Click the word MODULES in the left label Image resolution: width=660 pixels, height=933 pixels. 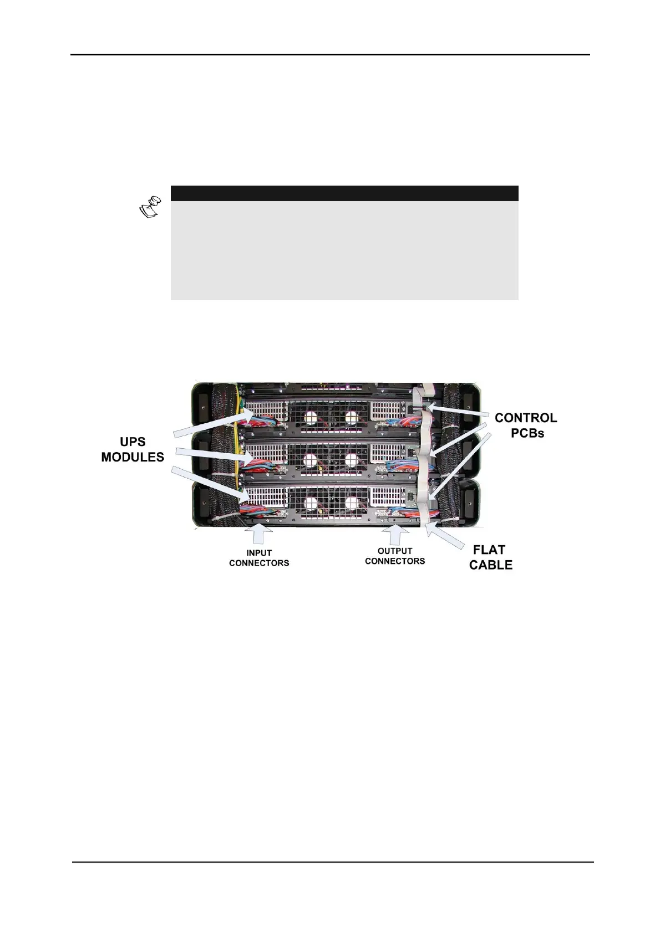[133, 458]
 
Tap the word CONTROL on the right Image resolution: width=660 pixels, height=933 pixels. [526, 418]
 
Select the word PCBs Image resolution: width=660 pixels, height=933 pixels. [527, 433]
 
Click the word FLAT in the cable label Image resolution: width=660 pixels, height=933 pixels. [489, 550]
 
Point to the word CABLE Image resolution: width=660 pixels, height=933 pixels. [491, 566]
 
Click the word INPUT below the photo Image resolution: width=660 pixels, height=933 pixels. [259, 553]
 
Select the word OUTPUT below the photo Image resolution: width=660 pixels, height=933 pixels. [395, 551]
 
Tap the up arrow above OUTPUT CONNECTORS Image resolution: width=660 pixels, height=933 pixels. [395, 534]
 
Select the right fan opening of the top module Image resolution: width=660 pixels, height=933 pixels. [352, 416]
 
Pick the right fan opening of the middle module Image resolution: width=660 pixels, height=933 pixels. [352, 459]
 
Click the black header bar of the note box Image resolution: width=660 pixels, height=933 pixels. [344, 193]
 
